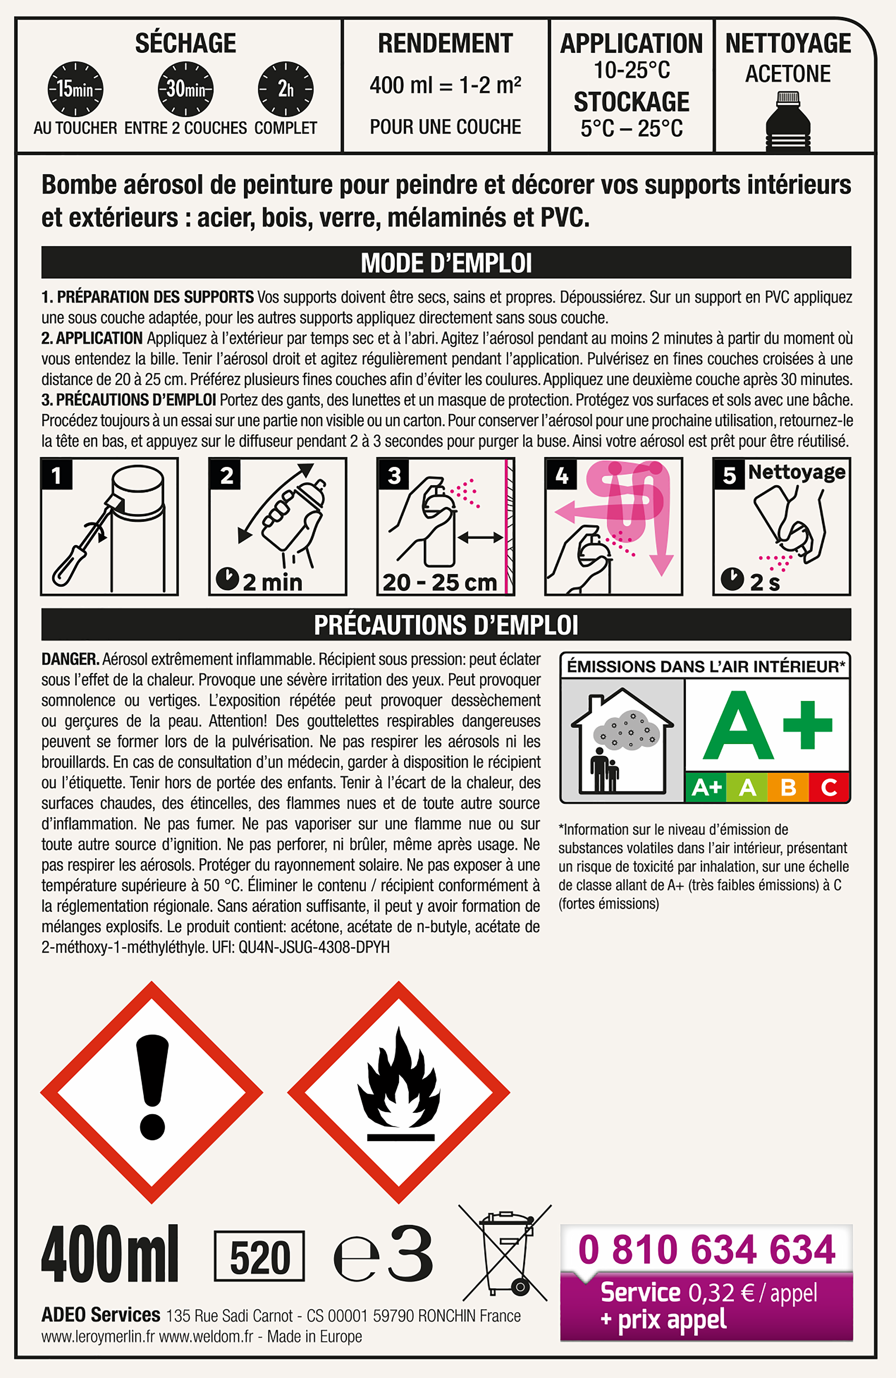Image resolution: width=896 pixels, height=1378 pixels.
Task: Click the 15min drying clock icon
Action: pos(75,89)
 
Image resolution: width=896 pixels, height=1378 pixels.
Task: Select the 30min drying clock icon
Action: pos(186,89)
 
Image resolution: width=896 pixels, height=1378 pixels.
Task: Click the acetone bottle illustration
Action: pos(788,122)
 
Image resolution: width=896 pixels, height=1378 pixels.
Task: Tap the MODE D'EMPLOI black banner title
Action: pos(446,263)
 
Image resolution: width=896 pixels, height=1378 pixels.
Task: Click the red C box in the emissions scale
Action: pos(829,787)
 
